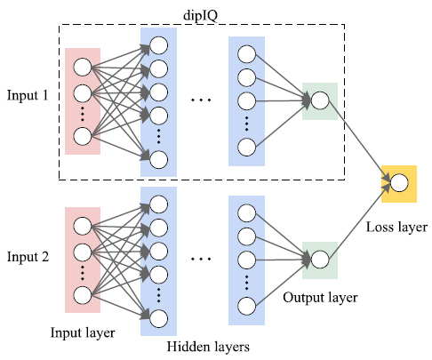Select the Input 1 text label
[x=28, y=95]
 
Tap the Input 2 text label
[x=28, y=257]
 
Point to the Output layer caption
[x=320, y=299]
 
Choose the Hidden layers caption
[x=210, y=347]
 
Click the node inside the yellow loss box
[x=398, y=182]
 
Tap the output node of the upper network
[x=319, y=100]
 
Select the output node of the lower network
[x=319, y=260]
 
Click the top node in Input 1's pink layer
[x=83, y=67]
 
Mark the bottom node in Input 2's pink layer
[x=83, y=295]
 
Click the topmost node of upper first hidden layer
[x=159, y=45]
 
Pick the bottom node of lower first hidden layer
[x=159, y=317]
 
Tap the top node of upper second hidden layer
[x=246, y=52]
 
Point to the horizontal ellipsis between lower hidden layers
[x=202, y=259]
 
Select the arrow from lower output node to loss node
[x=358, y=221]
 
